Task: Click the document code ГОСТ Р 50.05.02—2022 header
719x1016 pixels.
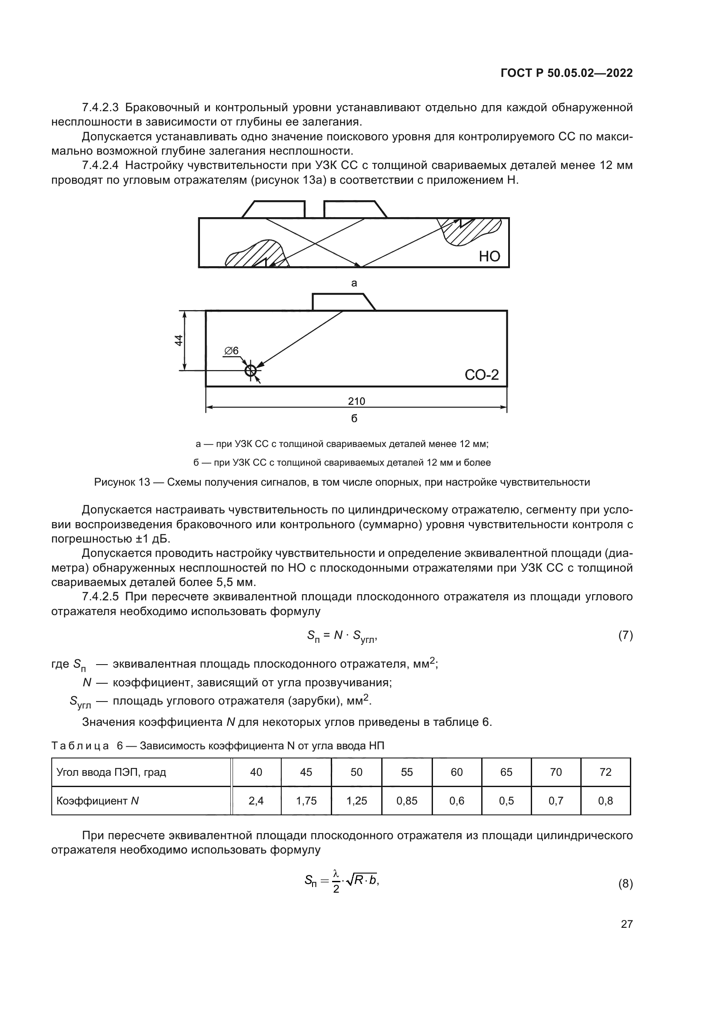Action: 566,73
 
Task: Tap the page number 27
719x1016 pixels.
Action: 626,924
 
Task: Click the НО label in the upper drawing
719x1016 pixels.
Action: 489,256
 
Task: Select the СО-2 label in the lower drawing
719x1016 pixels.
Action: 482,375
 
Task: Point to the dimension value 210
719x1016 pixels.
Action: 356,401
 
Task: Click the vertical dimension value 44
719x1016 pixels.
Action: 178,340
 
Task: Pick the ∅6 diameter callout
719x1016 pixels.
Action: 231,351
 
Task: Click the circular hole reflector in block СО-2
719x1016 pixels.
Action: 250,371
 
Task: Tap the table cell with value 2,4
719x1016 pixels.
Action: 256,801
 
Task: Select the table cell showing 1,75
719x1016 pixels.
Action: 306,801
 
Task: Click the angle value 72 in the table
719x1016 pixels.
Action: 605,772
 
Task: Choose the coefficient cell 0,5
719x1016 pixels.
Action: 506,801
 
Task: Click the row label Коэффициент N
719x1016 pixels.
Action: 98,801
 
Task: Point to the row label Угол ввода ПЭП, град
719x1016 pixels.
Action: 111,772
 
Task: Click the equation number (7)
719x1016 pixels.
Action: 625,636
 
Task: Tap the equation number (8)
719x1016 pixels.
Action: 625,884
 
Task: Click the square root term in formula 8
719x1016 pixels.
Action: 360,880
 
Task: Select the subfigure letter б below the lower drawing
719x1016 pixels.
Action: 354,418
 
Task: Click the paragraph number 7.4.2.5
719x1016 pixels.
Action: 100,597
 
